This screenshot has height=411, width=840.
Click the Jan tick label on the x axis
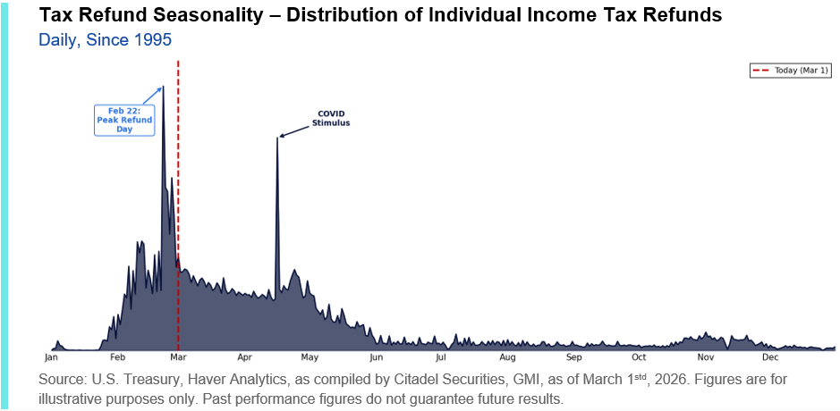click(x=51, y=357)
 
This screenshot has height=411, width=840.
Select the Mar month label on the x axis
click(x=179, y=357)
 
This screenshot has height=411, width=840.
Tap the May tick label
click(x=310, y=357)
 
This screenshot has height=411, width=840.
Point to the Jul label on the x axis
click(x=441, y=357)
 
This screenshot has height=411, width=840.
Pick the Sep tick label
click(x=574, y=357)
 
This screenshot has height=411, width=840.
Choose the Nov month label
click(x=706, y=357)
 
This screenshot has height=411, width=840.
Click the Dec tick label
click(x=770, y=357)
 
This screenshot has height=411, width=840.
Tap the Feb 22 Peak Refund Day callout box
click(x=124, y=120)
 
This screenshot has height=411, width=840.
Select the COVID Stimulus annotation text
click(x=331, y=118)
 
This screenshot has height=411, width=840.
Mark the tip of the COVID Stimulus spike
click(x=277, y=138)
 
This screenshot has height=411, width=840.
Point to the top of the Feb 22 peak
click(x=163, y=87)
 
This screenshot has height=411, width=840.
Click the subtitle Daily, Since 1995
click(x=105, y=40)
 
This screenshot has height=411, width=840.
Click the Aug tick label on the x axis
click(x=508, y=357)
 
